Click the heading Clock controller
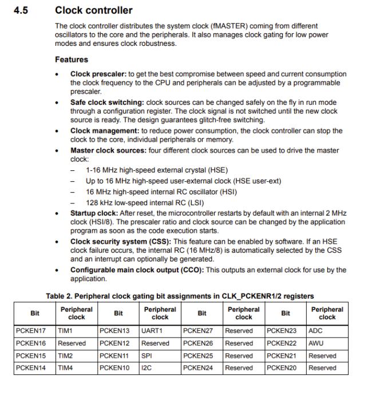[x=93, y=10]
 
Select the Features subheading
[x=72, y=60]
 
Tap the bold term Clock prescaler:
[x=98, y=74]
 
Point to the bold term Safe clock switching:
[x=107, y=103]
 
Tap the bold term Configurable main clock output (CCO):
[x=136, y=270]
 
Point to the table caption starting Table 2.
[x=180, y=296]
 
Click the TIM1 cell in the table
[x=65, y=331]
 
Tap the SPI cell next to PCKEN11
[x=147, y=356]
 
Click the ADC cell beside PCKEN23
[x=315, y=331]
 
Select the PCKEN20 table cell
[x=281, y=368]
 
